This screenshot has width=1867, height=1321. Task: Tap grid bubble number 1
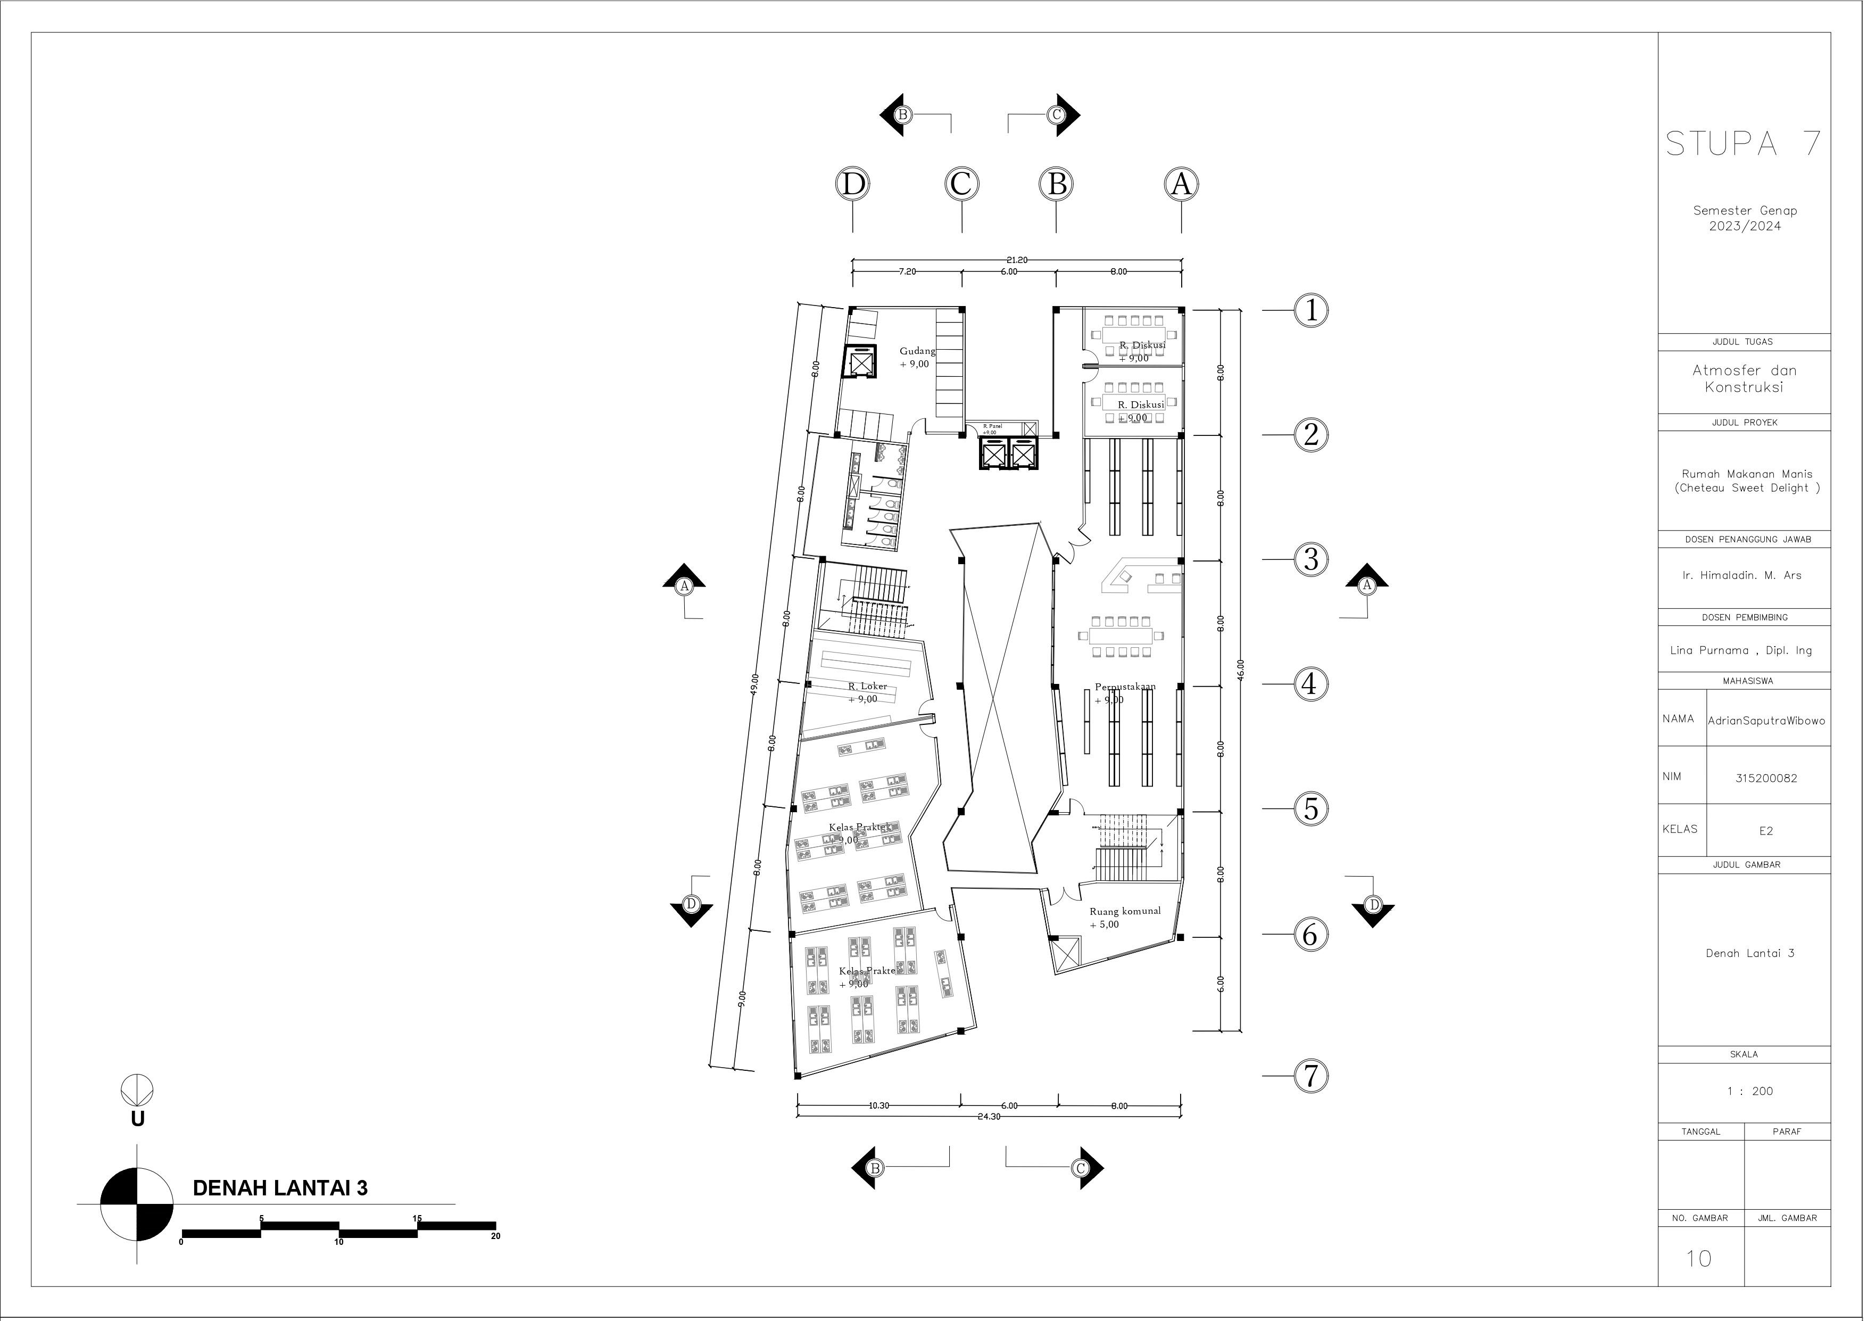click(1310, 310)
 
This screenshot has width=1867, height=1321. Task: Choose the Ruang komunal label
click(1125, 911)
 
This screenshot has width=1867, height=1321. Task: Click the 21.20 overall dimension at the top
click(1016, 260)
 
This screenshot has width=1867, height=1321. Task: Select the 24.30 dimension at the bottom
click(989, 1117)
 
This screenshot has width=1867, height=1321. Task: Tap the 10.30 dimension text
click(879, 1105)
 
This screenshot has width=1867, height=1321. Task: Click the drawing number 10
click(1699, 1258)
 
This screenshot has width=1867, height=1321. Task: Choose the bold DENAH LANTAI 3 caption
click(280, 1188)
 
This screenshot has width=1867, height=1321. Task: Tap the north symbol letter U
click(137, 1119)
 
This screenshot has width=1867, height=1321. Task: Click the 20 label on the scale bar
click(495, 1236)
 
